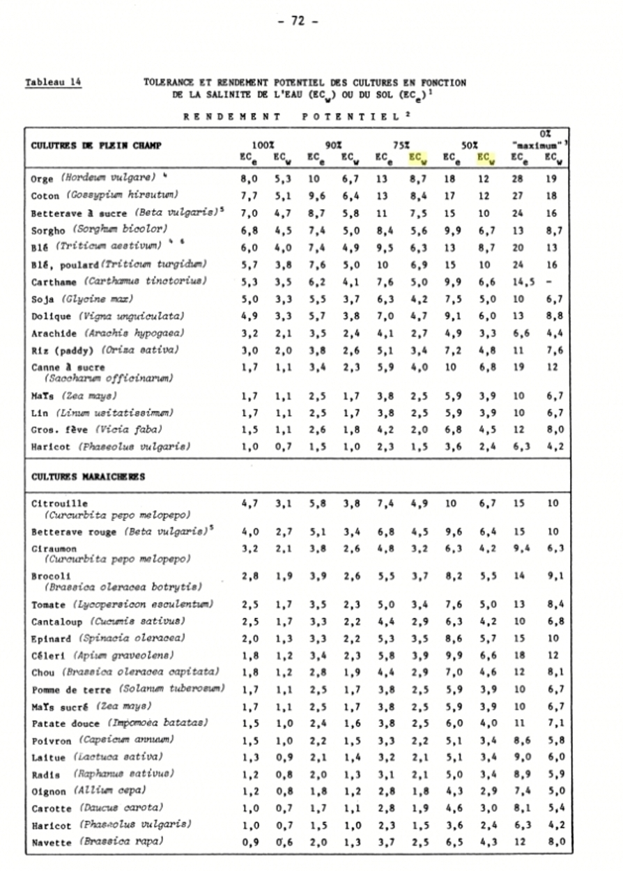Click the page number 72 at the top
[299, 21]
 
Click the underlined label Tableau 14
[54, 82]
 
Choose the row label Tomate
[49, 604]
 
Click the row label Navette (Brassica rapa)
[98, 842]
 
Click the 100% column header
[263, 146]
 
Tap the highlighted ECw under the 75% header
[418, 158]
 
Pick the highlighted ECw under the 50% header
[486, 158]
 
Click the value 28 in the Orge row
[518, 179]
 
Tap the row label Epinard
[52, 638]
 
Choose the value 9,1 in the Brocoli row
[551, 576]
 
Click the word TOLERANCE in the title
[174, 82]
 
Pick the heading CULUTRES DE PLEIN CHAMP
[95, 146]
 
